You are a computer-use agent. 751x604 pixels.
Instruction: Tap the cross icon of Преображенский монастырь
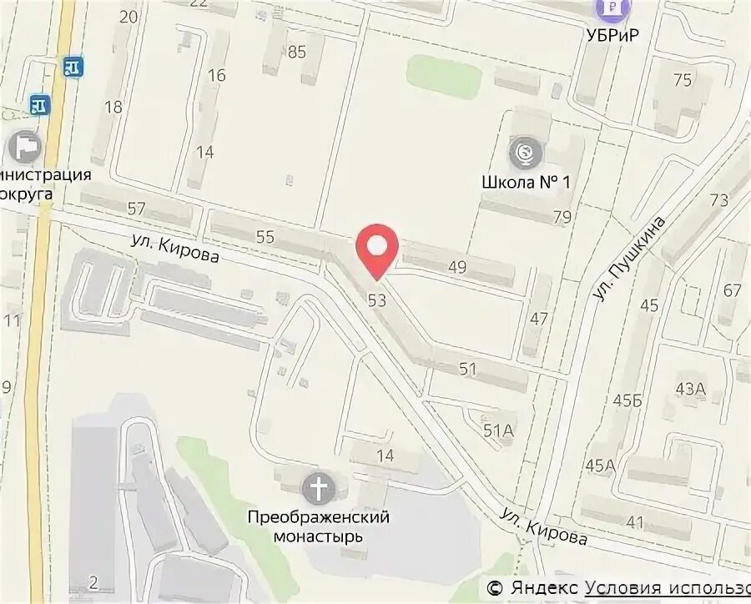(x=318, y=488)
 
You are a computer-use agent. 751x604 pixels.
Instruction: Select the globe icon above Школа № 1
(x=526, y=152)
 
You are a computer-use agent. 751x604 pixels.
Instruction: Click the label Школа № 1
(x=526, y=181)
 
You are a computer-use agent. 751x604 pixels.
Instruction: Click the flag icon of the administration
(x=23, y=147)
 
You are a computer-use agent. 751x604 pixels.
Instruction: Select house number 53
(x=377, y=300)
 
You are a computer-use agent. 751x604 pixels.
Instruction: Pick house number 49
(x=457, y=267)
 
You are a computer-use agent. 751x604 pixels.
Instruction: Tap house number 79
(x=562, y=218)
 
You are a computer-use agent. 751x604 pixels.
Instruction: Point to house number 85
(x=297, y=52)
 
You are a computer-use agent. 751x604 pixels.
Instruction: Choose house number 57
(x=137, y=209)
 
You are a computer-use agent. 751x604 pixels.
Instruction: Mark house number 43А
(x=691, y=388)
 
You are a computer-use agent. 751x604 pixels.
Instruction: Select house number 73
(x=719, y=200)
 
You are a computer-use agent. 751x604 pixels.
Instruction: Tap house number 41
(x=635, y=523)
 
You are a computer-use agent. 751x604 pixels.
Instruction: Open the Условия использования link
(x=668, y=589)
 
